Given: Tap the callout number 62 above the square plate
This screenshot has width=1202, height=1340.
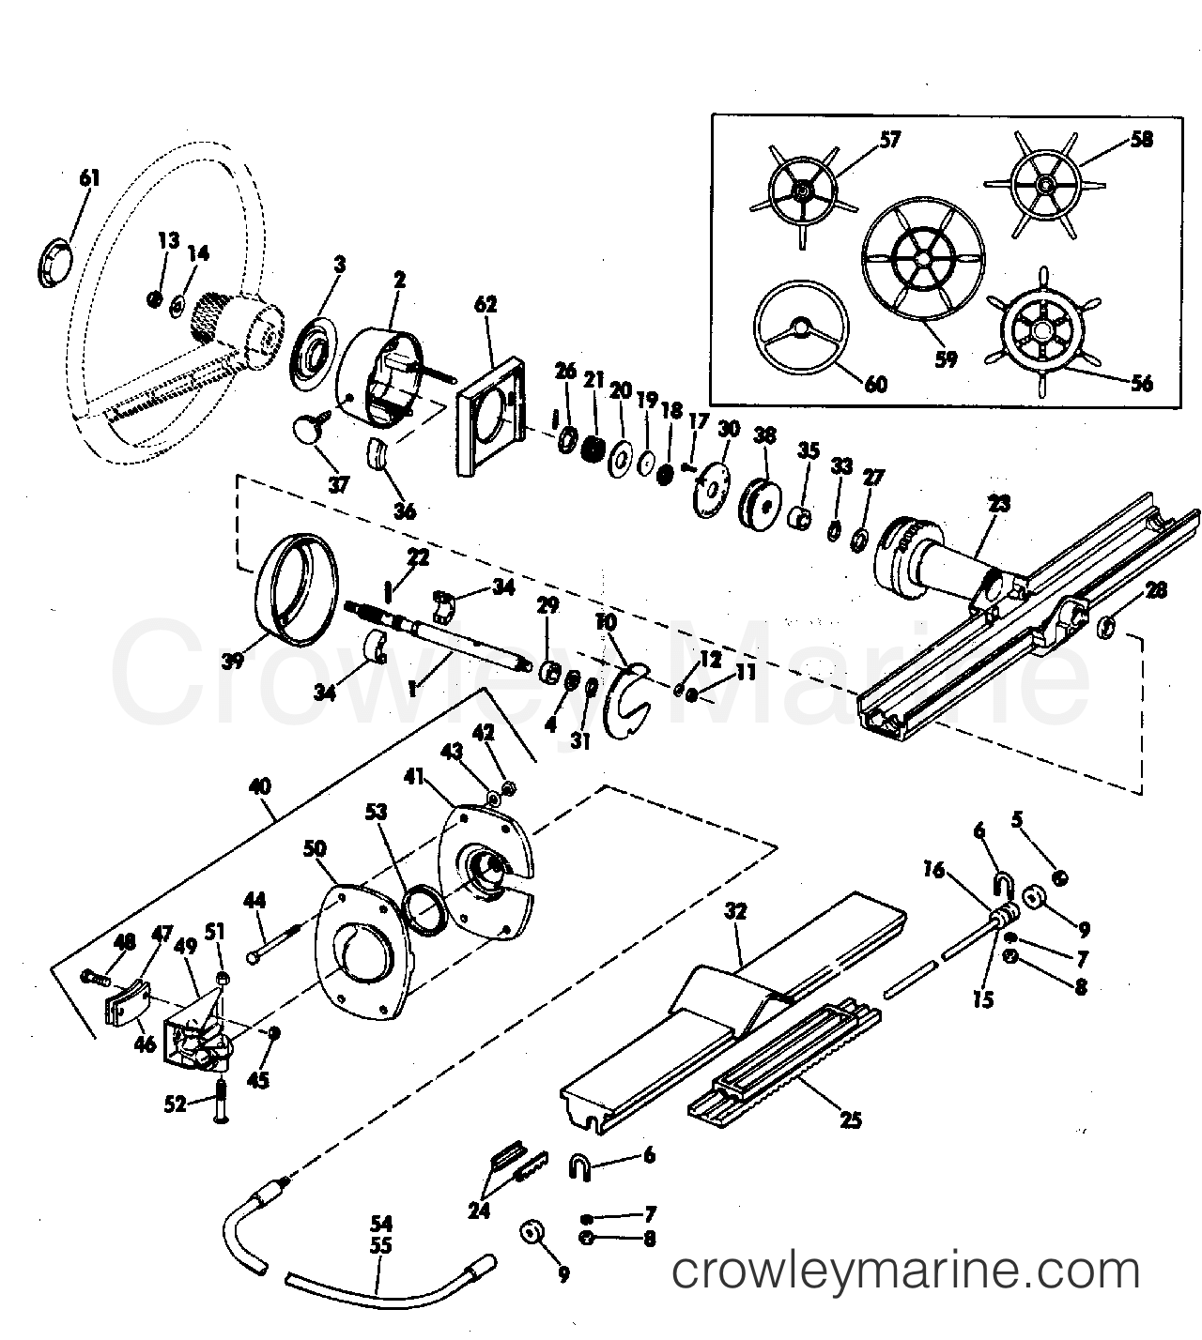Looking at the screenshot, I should click(x=485, y=304).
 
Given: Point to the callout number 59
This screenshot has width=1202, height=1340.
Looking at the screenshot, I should click(x=946, y=358).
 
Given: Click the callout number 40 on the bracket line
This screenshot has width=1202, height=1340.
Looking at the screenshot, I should click(x=261, y=785).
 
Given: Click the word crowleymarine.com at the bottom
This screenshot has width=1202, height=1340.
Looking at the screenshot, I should click(x=906, y=1272).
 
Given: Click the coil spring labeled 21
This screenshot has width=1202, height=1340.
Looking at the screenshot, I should click(x=593, y=446).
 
